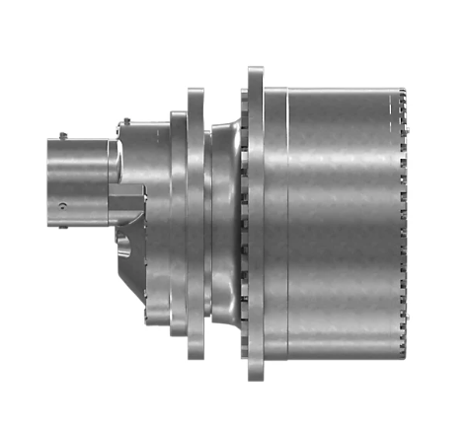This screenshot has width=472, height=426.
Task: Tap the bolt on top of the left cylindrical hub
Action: pos(62,135)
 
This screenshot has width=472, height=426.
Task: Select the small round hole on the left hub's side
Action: pos(63,205)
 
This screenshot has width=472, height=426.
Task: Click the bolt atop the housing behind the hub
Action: pos(124,121)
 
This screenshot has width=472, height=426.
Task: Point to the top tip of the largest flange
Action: pos(256,68)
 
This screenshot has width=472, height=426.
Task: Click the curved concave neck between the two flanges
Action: pos(226,212)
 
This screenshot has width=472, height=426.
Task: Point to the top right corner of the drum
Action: pos(401,88)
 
